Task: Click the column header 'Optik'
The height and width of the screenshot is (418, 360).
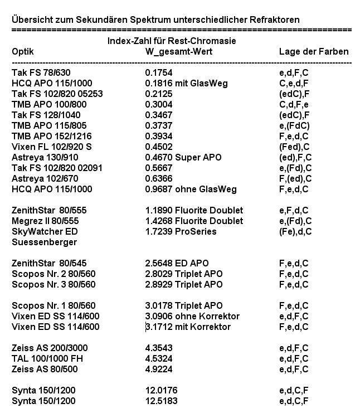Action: click(23, 52)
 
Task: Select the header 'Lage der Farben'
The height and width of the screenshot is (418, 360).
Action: click(313, 52)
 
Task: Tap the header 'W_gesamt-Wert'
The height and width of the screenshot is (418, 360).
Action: click(178, 52)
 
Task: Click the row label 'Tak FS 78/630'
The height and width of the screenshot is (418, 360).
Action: click(41, 72)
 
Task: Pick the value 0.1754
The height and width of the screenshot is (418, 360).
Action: click(158, 72)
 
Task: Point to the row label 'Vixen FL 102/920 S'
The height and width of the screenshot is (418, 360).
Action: click(52, 147)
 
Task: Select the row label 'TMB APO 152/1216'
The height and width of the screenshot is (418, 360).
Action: click(52, 136)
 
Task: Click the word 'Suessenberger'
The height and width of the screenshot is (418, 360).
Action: click(44, 242)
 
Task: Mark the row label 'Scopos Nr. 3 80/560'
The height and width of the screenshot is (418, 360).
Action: click(53, 284)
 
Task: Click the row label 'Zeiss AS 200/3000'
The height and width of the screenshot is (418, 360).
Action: click(50, 348)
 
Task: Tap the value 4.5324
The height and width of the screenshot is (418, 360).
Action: click(158, 358)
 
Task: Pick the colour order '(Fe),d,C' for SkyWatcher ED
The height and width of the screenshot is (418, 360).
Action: click(295, 231)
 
